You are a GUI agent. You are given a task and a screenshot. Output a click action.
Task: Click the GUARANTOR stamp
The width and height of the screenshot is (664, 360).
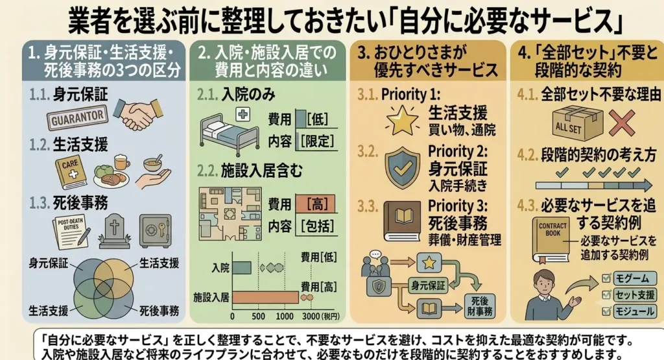click(x=77, y=118)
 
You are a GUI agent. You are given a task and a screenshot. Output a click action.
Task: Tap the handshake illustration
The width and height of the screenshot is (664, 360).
click(x=139, y=113)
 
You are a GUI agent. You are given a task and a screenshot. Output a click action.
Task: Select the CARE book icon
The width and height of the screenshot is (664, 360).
click(x=71, y=173)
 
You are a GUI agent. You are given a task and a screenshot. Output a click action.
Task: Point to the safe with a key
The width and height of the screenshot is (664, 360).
click(x=156, y=231)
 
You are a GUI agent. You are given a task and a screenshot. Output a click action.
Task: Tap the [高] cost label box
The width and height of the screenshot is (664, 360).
click(x=316, y=204)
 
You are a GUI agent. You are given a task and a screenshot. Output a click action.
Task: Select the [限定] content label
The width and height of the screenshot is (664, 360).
click(x=317, y=141)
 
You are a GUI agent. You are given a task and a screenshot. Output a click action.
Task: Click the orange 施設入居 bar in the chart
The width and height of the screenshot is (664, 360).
click(x=265, y=297)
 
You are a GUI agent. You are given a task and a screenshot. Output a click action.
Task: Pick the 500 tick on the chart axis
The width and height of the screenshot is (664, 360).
click(x=258, y=316)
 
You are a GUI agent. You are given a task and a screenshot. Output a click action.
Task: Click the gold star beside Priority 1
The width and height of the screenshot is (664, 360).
click(x=401, y=120)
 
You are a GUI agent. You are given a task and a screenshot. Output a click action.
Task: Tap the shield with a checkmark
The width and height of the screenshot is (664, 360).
click(x=402, y=168)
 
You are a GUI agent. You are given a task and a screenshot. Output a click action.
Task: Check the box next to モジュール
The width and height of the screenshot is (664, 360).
click(x=606, y=311)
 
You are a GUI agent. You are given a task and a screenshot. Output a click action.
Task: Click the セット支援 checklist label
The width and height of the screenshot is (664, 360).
click(x=634, y=294)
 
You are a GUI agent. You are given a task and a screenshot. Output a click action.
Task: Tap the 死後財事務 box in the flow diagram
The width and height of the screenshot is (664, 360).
click(x=480, y=306)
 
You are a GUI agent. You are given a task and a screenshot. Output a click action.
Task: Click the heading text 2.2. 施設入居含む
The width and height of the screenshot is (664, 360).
click(x=250, y=171)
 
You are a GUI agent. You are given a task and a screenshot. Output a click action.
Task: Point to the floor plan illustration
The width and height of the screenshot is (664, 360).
click(x=230, y=214)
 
